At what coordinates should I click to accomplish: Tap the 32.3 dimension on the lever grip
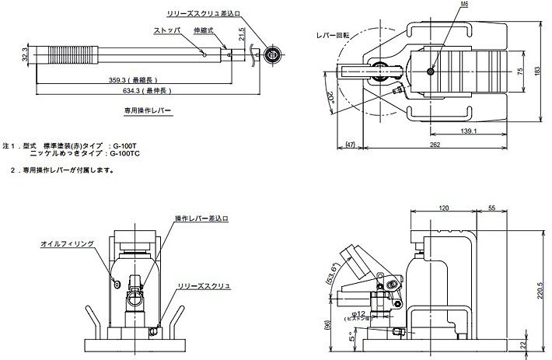[25, 56]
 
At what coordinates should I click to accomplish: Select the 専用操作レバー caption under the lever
[148, 111]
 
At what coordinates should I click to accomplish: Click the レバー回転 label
[332, 36]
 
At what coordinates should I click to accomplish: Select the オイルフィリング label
[68, 243]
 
